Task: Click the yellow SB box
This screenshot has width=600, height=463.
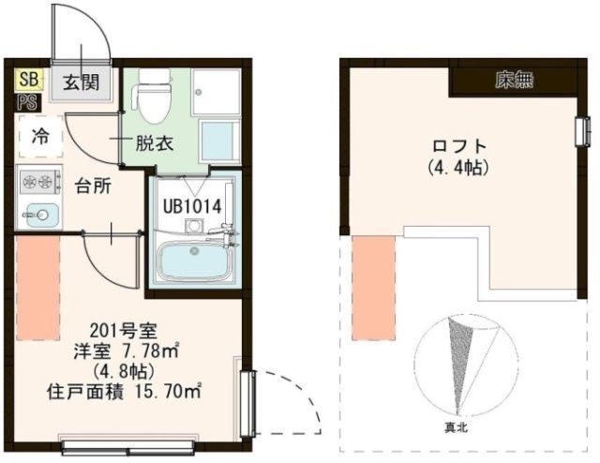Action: click(x=29, y=80)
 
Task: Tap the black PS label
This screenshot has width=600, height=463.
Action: click(x=27, y=102)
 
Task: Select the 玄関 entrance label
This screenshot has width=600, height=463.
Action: click(x=82, y=82)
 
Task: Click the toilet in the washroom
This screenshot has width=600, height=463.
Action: click(x=153, y=96)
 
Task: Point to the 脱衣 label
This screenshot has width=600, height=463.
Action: click(x=155, y=143)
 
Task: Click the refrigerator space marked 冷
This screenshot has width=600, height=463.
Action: click(x=40, y=136)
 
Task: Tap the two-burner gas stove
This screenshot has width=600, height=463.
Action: click(x=40, y=179)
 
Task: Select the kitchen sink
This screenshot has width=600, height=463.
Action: click(x=40, y=215)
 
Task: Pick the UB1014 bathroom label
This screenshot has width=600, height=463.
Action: click(x=192, y=207)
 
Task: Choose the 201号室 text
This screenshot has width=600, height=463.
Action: click(x=123, y=331)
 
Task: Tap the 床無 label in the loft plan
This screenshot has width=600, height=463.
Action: click(x=514, y=81)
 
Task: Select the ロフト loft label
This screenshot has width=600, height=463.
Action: click(x=458, y=146)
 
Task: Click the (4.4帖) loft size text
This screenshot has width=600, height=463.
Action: click(x=458, y=167)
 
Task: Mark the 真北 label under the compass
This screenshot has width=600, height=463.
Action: click(x=456, y=427)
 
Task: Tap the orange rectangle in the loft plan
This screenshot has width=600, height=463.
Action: click(x=373, y=288)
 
